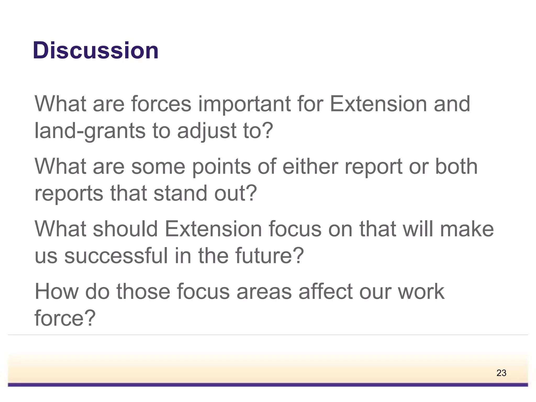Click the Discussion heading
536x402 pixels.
coord(96,50)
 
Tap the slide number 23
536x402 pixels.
coord(501,373)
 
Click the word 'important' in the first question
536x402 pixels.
coord(244,104)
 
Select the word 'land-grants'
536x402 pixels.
coord(90,131)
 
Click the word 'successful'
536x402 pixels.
coord(116,256)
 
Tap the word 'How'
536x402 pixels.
coord(57,292)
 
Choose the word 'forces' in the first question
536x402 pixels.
coord(161,104)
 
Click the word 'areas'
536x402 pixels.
coord(264,292)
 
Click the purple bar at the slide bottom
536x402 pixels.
coord(268,384)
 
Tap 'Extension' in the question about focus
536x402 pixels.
coord(213,229)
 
